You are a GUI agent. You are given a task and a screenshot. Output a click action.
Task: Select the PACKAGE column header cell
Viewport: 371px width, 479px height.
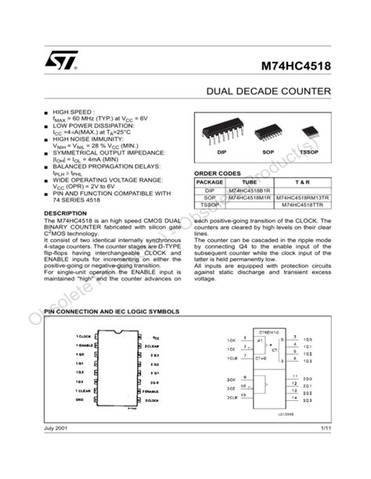pyautogui.click(x=210, y=181)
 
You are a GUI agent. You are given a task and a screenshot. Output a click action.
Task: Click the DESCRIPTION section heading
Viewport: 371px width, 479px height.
pyautogui.click(x=65, y=213)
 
